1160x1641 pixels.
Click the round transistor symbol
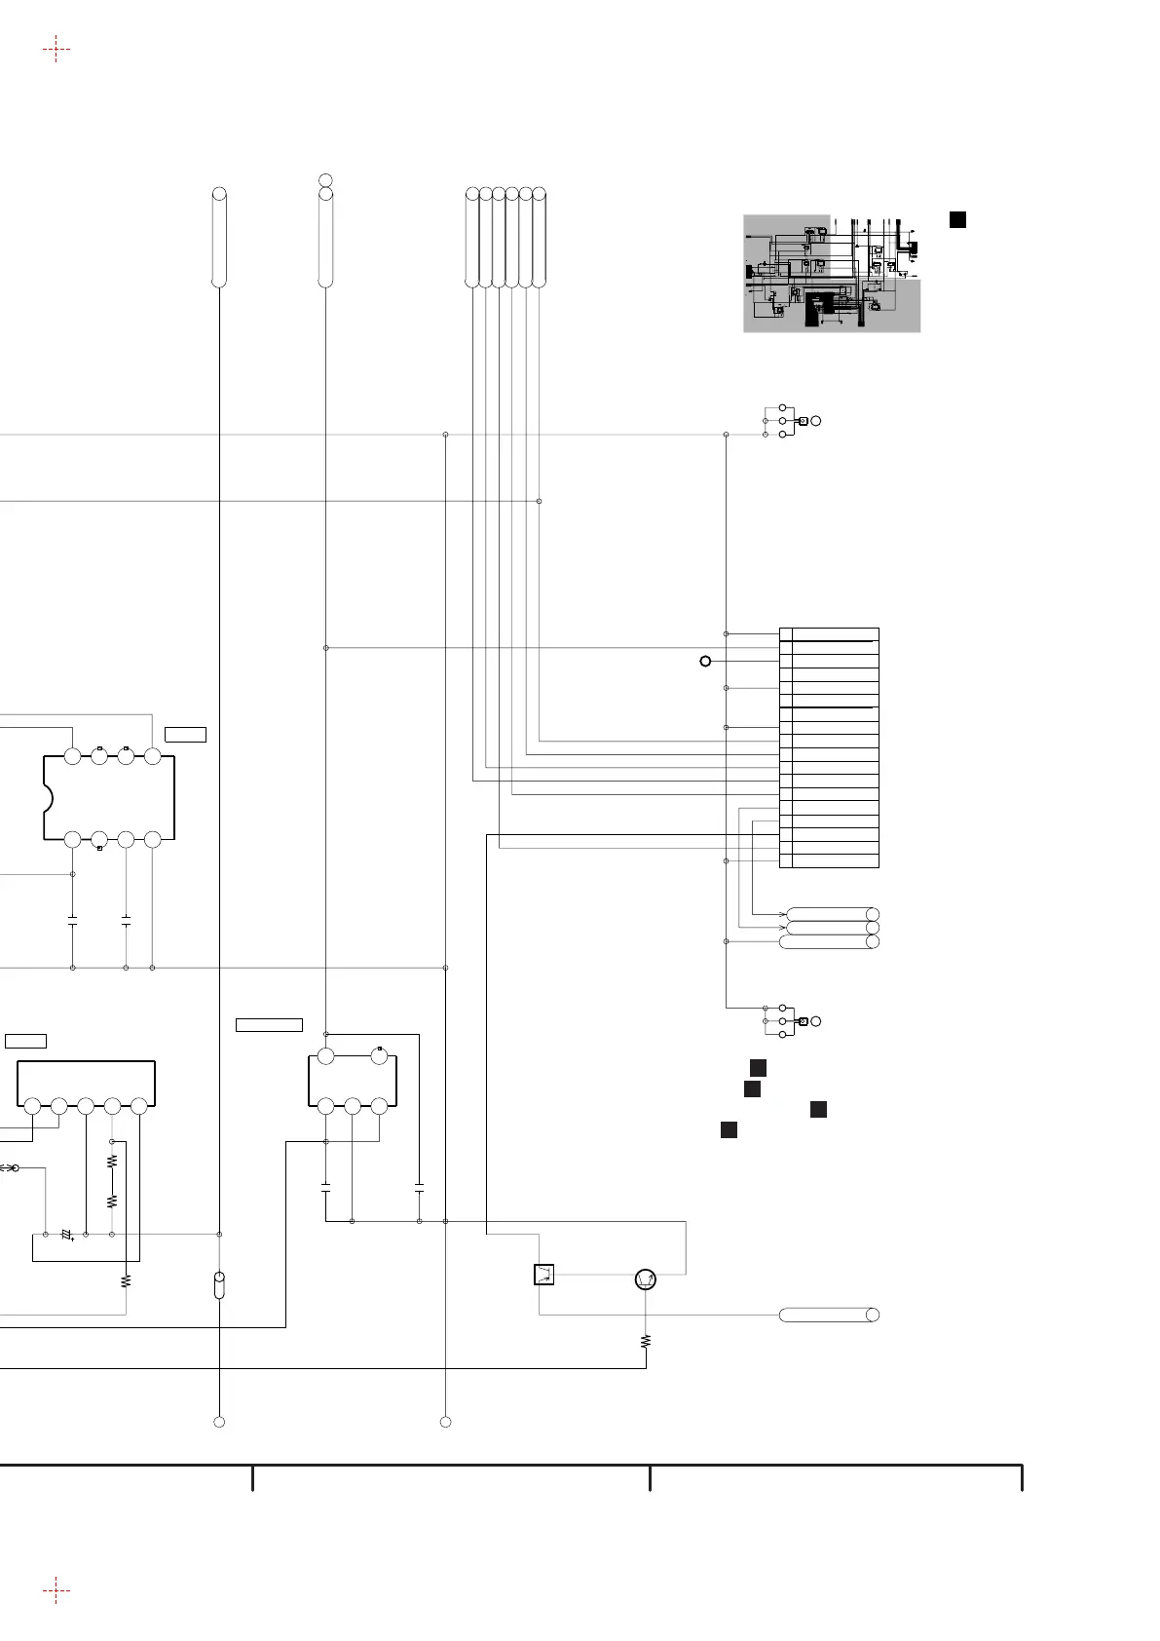644,1279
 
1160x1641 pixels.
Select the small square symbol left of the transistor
544,1275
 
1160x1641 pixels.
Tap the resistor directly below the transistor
645,1342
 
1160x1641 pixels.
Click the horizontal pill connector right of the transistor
829,1315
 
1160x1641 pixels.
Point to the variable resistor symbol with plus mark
67,1235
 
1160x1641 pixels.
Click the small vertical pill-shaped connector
219,1284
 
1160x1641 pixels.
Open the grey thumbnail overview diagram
832,273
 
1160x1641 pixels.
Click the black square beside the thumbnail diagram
957,219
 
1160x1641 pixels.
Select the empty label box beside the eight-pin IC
185,734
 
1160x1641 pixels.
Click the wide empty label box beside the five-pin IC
269,1024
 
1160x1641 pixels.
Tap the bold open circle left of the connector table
705,661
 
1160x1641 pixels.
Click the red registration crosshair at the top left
56,48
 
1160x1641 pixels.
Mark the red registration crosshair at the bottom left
56,1591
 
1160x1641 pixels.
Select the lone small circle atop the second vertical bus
325,180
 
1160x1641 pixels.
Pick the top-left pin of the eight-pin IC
72,756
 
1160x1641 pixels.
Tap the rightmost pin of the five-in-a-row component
138,1106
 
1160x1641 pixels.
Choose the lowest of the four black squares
728,1130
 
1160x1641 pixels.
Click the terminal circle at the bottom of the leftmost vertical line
219,1422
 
